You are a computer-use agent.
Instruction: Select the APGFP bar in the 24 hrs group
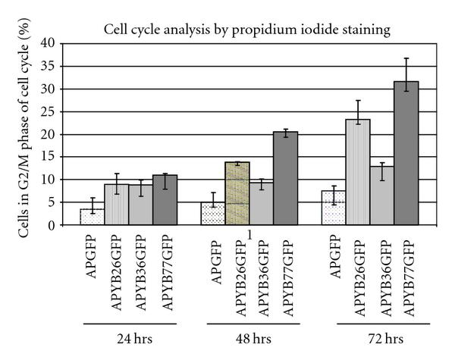coord(92,217)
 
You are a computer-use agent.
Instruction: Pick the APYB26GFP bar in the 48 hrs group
coord(237,194)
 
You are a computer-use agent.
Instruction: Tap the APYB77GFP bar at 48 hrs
coord(286,179)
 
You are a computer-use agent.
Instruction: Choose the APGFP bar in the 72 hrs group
coord(334,208)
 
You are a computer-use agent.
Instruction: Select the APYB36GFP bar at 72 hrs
coord(383,196)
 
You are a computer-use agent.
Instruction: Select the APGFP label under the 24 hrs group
coord(93,258)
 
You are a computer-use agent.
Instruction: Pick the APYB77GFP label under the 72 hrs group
coord(408,275)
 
